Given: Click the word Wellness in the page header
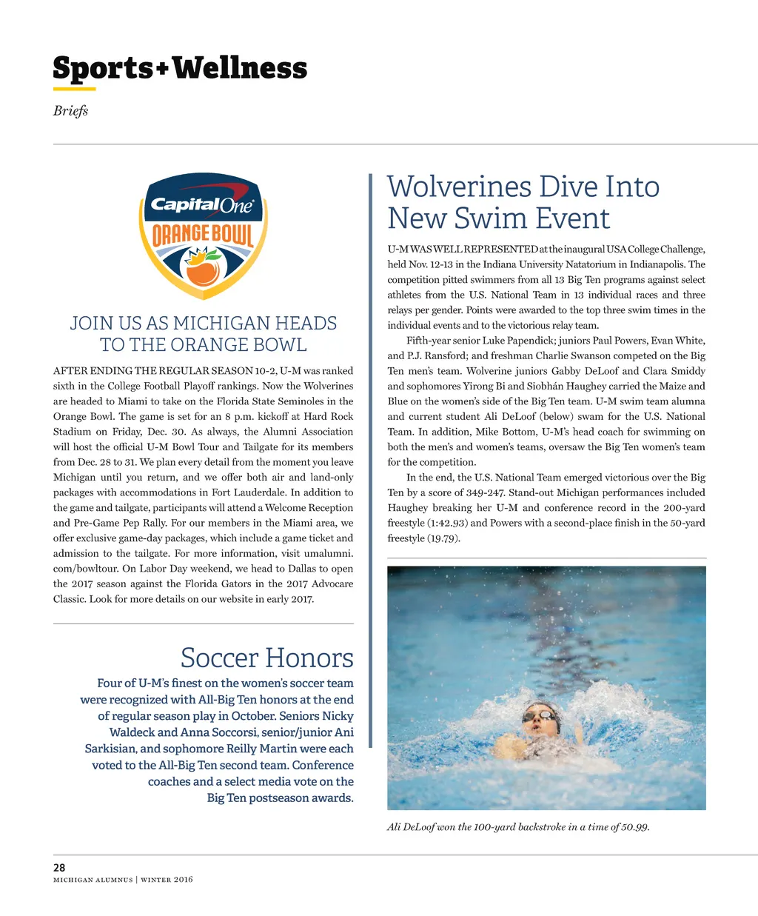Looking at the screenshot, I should [240, 68].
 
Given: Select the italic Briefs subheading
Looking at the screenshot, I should [70, 110].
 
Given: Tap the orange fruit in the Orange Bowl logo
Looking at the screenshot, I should [202, 271].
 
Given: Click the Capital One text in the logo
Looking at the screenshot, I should [202, 204].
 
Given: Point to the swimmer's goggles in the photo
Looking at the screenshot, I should [540, 715].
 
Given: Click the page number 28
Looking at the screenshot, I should [59, 867].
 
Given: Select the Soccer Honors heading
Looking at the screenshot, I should [266, 658].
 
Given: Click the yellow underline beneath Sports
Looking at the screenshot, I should [74, 90].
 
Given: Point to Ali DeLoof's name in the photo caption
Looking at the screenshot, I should [411, 826].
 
